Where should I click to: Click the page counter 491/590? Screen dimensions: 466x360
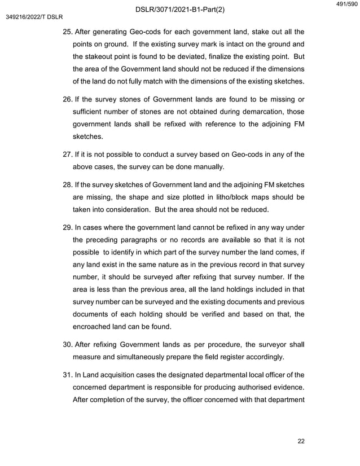(x=346, y=5)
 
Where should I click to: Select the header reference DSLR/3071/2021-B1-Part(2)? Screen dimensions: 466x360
(x=180, y=8)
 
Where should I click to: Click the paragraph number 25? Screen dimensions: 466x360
(x=66, y=31)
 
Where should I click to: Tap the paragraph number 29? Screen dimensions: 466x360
(x=66, y=227)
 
